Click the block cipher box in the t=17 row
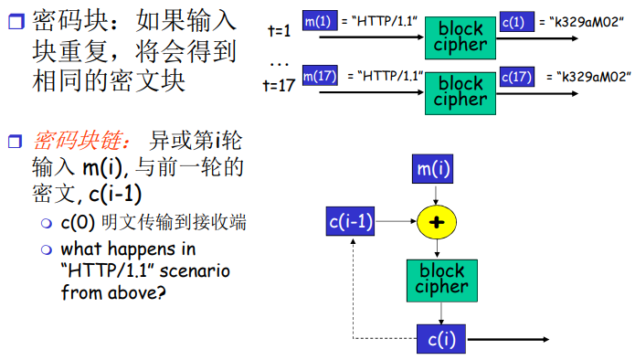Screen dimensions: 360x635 tap(461, 91)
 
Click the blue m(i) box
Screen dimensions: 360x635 tap(437, 169)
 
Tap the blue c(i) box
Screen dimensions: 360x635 tap(441, 338)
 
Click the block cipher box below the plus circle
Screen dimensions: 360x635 tap(442, 280)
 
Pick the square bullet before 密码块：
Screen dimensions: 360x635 tap(13, 18)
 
